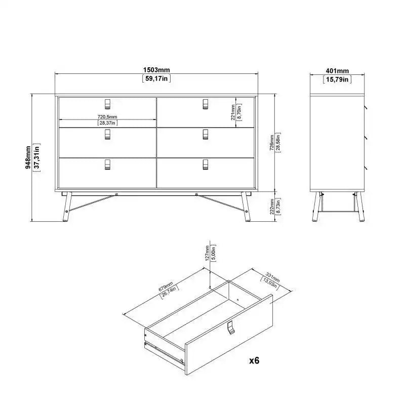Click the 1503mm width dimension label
pos(156,69)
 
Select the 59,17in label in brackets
pos(156,78)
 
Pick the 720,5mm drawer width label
pos(107,116)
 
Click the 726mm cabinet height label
pos(272,143)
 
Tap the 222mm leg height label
pos(272,206)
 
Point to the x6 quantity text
pos(254,360)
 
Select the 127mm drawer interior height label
pos(207,253)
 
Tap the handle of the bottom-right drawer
pos(205,165)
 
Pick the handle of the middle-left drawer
pos(107,134)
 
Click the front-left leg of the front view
pos(68,208)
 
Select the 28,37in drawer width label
pos(107,123)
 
